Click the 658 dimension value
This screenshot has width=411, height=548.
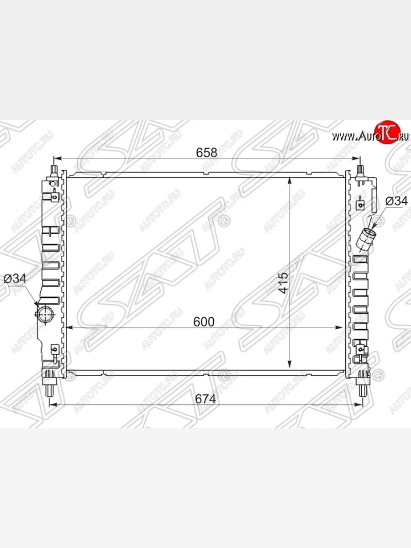(x=206, y=153)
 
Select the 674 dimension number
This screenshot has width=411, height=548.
(x=205, y=399)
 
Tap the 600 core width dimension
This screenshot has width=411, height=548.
(x=204, y=322)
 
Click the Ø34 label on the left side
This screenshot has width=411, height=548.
(x=15, y=279)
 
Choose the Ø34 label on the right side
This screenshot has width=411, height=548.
(x=396, y=201)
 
